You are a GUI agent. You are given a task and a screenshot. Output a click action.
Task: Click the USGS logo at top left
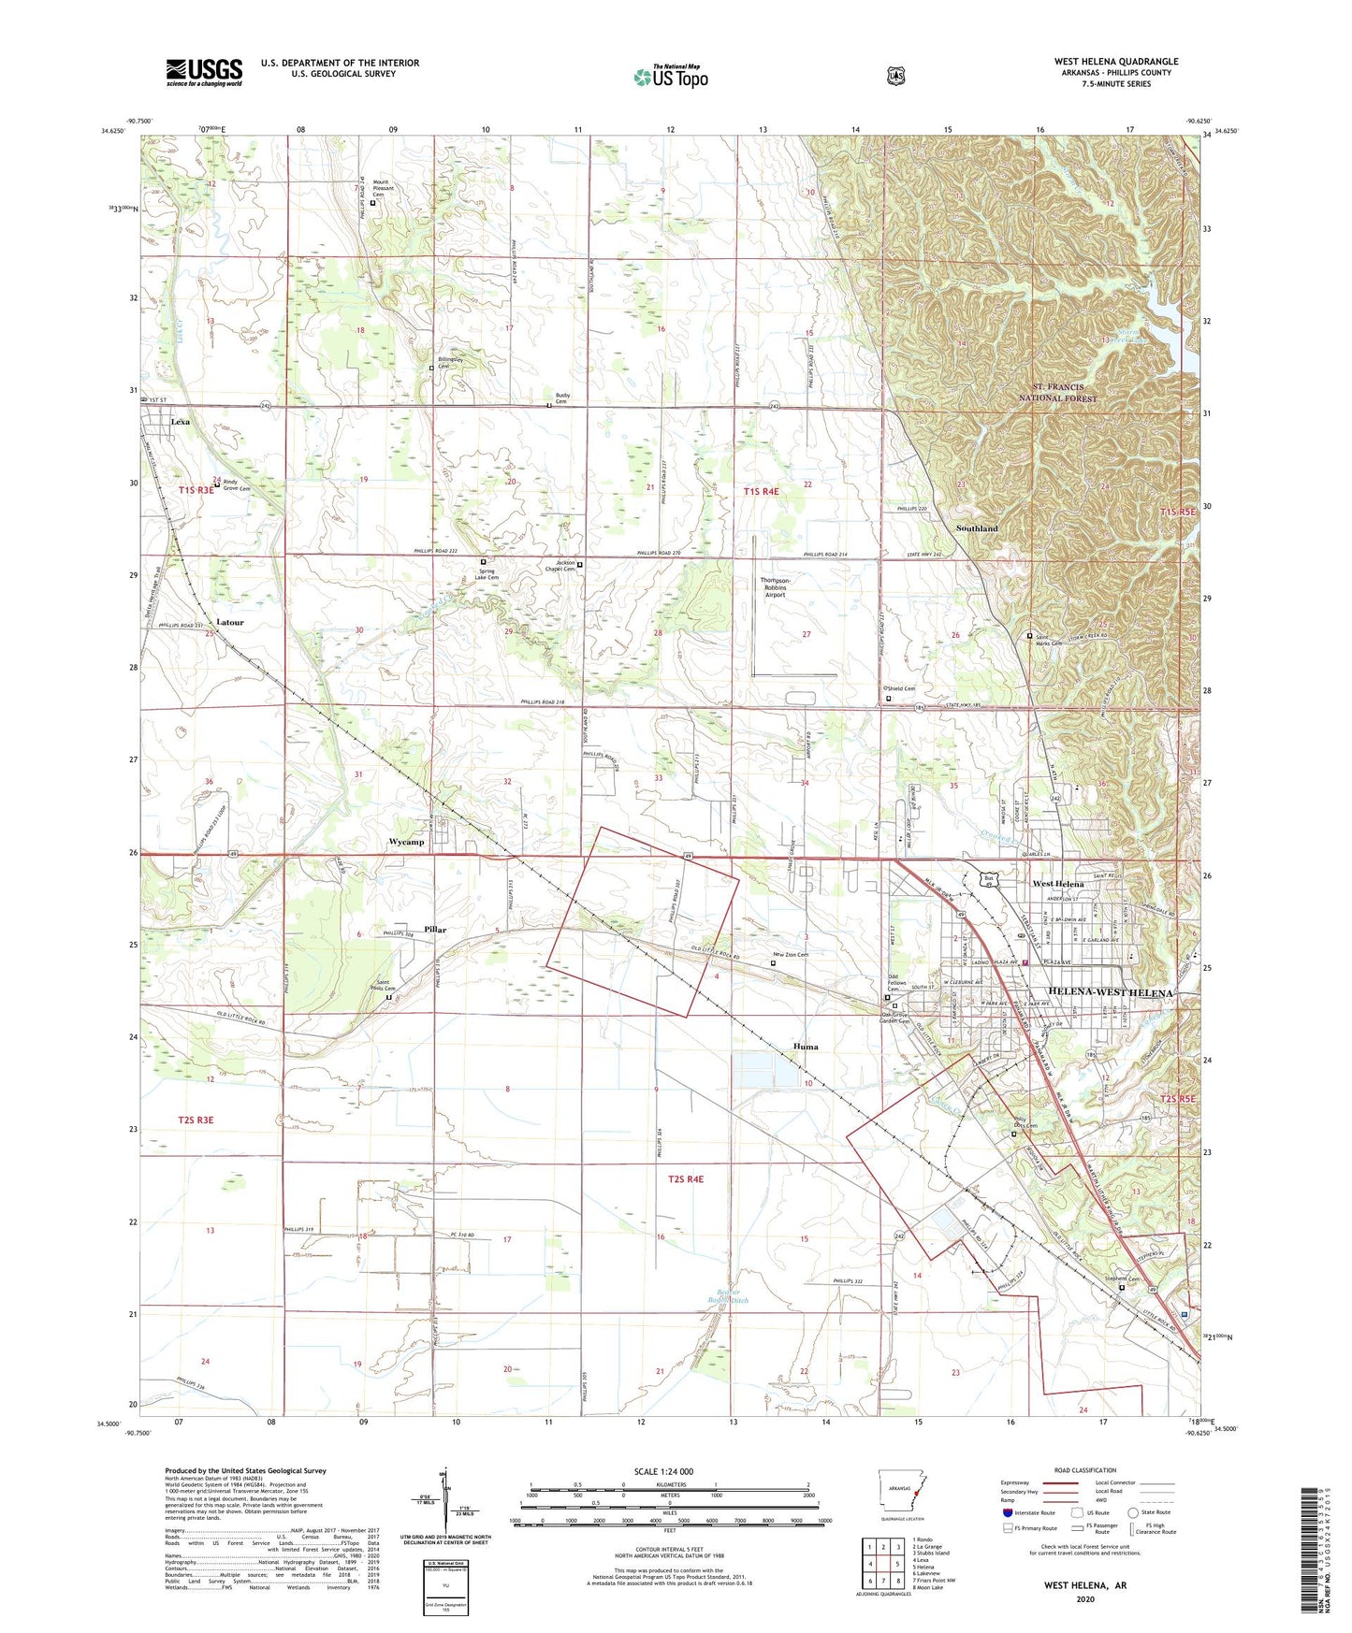204,72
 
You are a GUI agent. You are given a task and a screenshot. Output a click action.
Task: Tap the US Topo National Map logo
671,77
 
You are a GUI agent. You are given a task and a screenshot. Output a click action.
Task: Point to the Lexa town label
180,422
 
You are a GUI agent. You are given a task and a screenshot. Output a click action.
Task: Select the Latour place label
229,622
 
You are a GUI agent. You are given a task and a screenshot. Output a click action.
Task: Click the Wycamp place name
406,842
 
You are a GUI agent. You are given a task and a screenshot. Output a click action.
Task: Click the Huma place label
806,1047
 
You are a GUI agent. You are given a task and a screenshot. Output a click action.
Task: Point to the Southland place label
977,528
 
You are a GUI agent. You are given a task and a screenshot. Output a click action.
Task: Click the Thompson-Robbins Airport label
775,586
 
